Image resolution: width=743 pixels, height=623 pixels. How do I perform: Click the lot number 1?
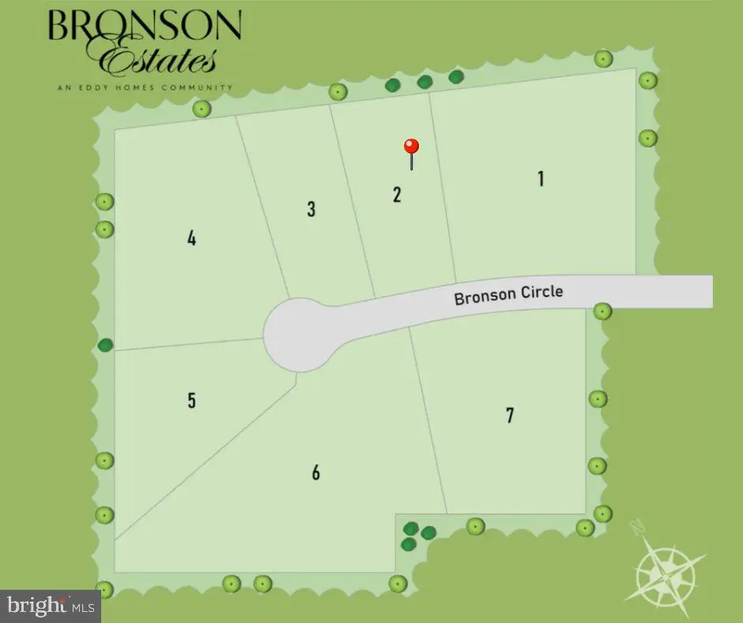(x=541, y=179)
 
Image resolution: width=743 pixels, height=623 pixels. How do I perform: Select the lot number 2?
(x=397, y=194)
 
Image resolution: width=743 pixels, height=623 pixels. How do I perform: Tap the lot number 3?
(x=311, y=210)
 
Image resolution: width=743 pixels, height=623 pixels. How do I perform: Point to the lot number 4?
(x=191, y=238)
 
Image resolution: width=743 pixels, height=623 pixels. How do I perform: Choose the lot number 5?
(x=191, y=401)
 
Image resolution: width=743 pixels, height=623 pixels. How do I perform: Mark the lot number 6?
(x=316, y=473)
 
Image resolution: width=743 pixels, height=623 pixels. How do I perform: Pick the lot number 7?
(x=510, y=414)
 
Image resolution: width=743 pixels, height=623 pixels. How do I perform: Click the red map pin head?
(x=411, y=146)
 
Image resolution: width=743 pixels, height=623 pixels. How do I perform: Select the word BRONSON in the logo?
(x=145, y=28)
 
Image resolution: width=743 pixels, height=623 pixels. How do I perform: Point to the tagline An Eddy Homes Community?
(x=145, y=87)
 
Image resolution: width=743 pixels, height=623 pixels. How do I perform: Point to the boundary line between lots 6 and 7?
(x=428, y=419)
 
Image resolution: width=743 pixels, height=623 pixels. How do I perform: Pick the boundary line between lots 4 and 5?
(x=190, y=345)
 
